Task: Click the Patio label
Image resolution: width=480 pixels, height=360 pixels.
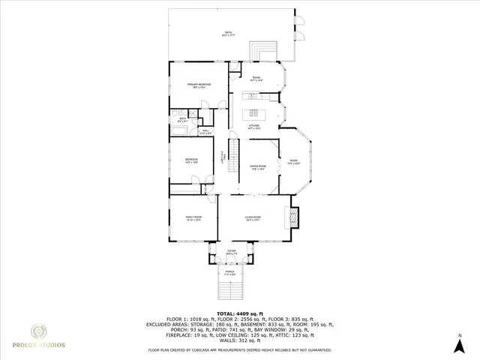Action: click(x=228, y=33)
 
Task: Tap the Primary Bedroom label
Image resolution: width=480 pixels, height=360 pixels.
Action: click(x=199, y=85)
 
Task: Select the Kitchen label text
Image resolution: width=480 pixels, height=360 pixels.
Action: click(x=254, y=127)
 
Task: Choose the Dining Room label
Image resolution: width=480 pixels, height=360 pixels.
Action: click(x=258, y=167)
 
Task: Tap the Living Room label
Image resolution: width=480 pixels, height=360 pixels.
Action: click(x=252, y=219)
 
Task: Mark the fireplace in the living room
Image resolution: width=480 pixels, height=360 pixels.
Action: click(x=294, y=217)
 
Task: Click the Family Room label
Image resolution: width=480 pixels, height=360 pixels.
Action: click(x=194, y=219)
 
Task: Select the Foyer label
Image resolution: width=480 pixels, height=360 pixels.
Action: click(x=231, y=253)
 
